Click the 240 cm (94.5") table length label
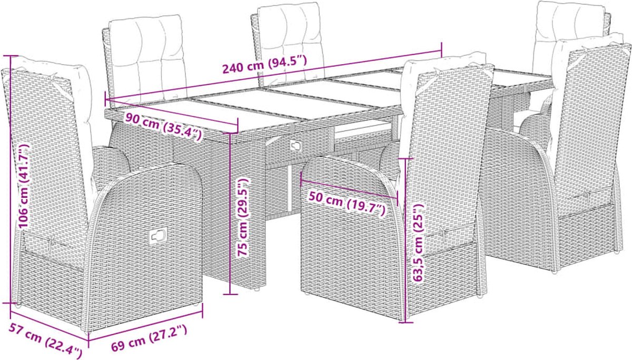pos(264,65)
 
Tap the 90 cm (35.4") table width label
pos(164,126)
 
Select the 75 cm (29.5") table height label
pos(242,217)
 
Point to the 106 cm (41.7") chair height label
pos(23,186)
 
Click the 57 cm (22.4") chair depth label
pos(45,341)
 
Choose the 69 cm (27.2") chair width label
pos(149,338)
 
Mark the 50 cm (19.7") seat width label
pos(347,203)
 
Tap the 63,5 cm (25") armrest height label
pos(418,243)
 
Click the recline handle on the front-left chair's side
pos(157,235)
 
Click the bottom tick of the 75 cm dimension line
pos(230,294)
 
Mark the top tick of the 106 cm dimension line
pos(11,56)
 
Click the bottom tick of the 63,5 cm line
pos(406,322)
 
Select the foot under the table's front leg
pos(257,289)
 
